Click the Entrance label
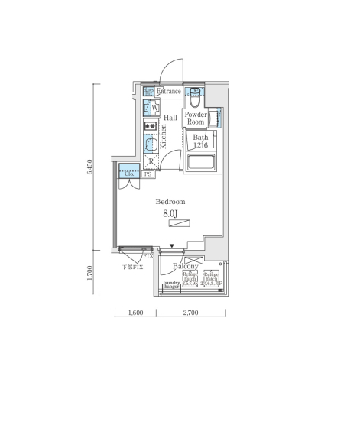(x=170, y=91)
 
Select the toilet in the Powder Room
(x=195, y=97)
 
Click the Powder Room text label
(x=196, y=118)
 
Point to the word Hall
(x=170, y=117)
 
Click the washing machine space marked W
(x=152, y=108)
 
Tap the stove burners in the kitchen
(x=148, y=125)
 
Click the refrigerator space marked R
(x=151, y=161)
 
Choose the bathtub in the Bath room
(x=201, y=162)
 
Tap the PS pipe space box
(x=148, y=174)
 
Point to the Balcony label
(x=186, y=266)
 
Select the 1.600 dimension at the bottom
(x=135, y=313)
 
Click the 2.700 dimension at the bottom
(x=191, y=313)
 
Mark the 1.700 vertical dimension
(x=90, y=274)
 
